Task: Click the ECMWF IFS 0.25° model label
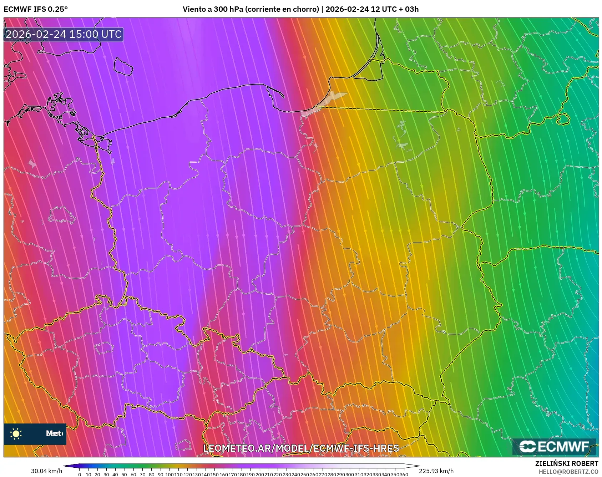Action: tap(35, 9)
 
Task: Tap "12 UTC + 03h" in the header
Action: tap(395, 9)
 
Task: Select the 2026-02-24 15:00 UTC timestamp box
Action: tap(64, 35)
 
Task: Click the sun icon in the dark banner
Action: tap(16, 434)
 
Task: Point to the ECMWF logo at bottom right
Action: tap(554, 447)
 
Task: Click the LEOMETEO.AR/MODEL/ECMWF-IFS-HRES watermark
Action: tap(301, 448)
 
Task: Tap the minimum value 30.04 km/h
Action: tap(46, 471)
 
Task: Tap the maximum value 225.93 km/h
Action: tap(436, 471)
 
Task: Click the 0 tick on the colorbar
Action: tap(79, 475)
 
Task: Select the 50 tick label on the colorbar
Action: tap(124, 475)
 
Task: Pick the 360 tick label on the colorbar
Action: tap(404, 475)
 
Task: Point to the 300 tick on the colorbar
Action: tap(350, 475)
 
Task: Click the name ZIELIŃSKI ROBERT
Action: tap(566, 463)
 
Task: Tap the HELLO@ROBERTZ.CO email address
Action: tap(568, 472)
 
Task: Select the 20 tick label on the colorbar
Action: tap(97, 475)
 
